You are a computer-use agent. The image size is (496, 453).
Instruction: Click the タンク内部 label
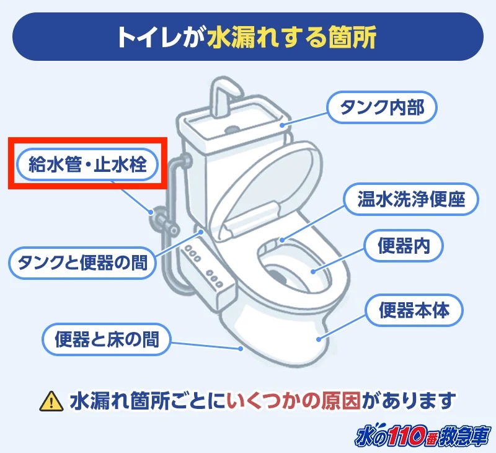[x=381, y=107]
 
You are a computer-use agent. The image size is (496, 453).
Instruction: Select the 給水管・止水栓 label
[x=87, y=164]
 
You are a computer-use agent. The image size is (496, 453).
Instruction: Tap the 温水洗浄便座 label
[x=411, y=199]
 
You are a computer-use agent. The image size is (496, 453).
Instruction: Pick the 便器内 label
[x=404, y=246]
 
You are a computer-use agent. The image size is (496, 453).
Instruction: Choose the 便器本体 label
[x=414, y=310]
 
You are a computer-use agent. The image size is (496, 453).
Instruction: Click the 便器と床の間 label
[x=107, y=339]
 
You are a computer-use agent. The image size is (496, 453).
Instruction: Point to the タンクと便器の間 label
[x=82, y=262]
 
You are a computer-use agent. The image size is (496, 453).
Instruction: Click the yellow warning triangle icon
[x=51, y=401]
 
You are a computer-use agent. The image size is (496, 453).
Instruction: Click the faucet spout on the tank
[x=225, y=95]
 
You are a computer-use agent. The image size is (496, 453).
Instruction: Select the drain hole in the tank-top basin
[x=232, y=129]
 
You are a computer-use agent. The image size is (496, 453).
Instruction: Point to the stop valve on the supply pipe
[x=163, y=220]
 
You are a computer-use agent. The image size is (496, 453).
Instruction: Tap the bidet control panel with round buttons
[x=207, y=272]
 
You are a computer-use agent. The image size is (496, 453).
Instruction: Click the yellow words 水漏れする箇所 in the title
[x=291, y=37]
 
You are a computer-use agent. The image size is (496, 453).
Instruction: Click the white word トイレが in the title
[x=161, y=37]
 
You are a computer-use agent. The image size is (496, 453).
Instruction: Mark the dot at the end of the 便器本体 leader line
[x=319, y=339]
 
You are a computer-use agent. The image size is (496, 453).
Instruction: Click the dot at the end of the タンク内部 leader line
[x=281, y=125]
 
